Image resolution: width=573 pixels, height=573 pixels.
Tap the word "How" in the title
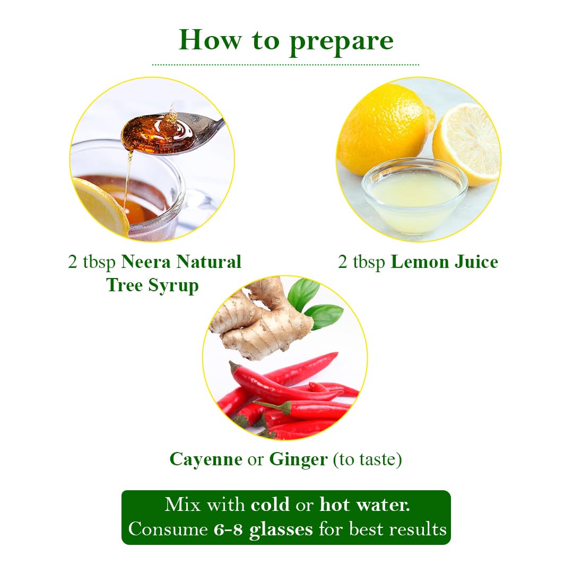tap(210, 39)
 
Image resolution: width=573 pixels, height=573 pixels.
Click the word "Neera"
tap(146, 262)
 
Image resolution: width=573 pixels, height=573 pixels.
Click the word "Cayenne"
tap(206, 459)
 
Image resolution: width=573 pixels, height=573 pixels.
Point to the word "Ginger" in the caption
tap(298, 459)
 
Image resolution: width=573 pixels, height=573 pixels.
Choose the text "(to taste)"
tap(367, 459)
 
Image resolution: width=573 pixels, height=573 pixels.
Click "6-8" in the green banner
tap(228, 529)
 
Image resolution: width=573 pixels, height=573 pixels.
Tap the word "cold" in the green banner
tap(270, 505)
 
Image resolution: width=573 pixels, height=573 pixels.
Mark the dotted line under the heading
tap(285, 65)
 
